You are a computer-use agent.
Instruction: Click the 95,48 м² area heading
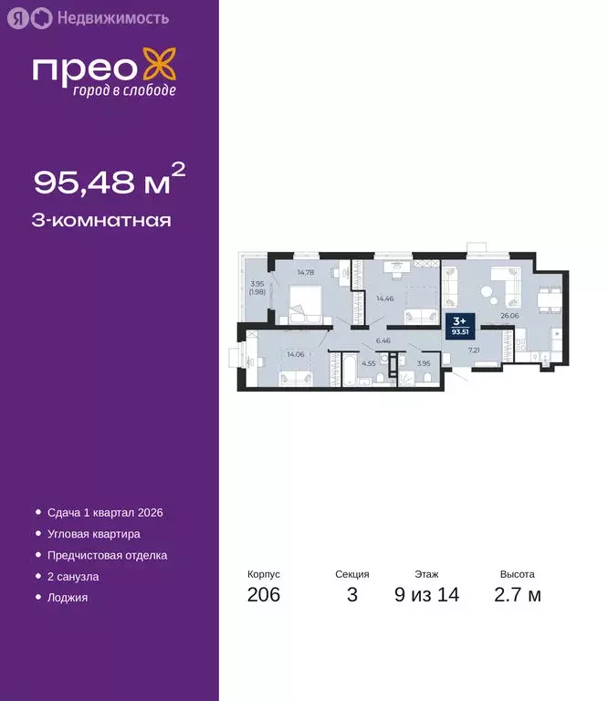(110, 182)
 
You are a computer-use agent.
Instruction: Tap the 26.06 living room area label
(509, 316)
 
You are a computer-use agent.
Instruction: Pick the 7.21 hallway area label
(475, 350)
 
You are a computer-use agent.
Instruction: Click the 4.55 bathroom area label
(368, 362)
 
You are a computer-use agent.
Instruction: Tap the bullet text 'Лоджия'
(68, 598)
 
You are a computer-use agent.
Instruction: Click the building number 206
(264, 596)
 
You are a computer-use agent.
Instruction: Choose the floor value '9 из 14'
(426, 596)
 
